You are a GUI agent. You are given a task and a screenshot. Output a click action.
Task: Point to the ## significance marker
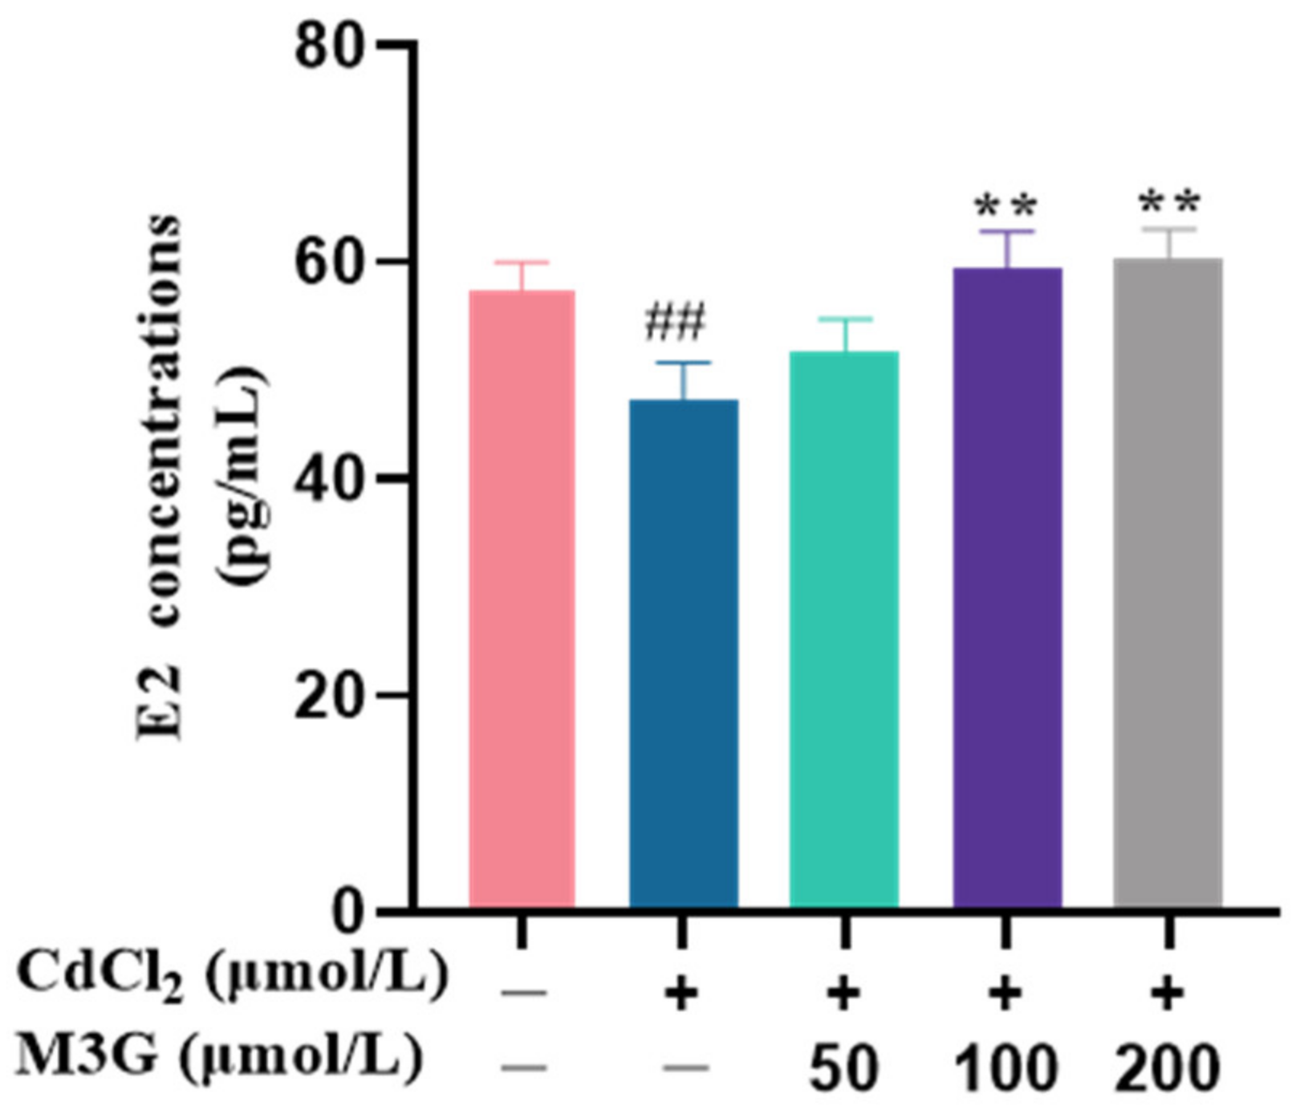tap(675, 323)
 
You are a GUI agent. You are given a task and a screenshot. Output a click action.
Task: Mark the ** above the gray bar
tap(1169, 204)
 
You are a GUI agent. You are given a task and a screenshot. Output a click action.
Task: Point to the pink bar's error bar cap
tap(522, 262)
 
